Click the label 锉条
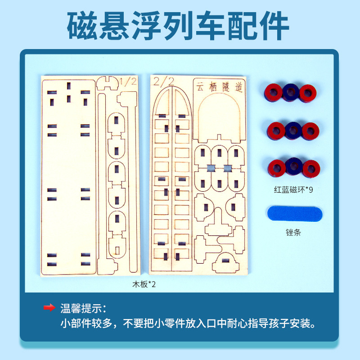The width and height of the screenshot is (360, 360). click(292, 233)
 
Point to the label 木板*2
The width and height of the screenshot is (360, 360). click(144, 284)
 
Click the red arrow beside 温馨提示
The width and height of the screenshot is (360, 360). click(49, 308)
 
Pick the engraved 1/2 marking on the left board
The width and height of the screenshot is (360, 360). click(128, 81)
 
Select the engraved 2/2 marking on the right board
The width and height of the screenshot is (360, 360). click(163, 81)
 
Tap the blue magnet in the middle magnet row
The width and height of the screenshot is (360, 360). click(293, 130)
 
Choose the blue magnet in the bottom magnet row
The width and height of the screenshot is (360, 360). click(293, 167)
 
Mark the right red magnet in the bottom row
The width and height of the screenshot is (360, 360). click(310, 168)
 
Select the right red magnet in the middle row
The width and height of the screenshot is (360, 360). click(310, 131)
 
